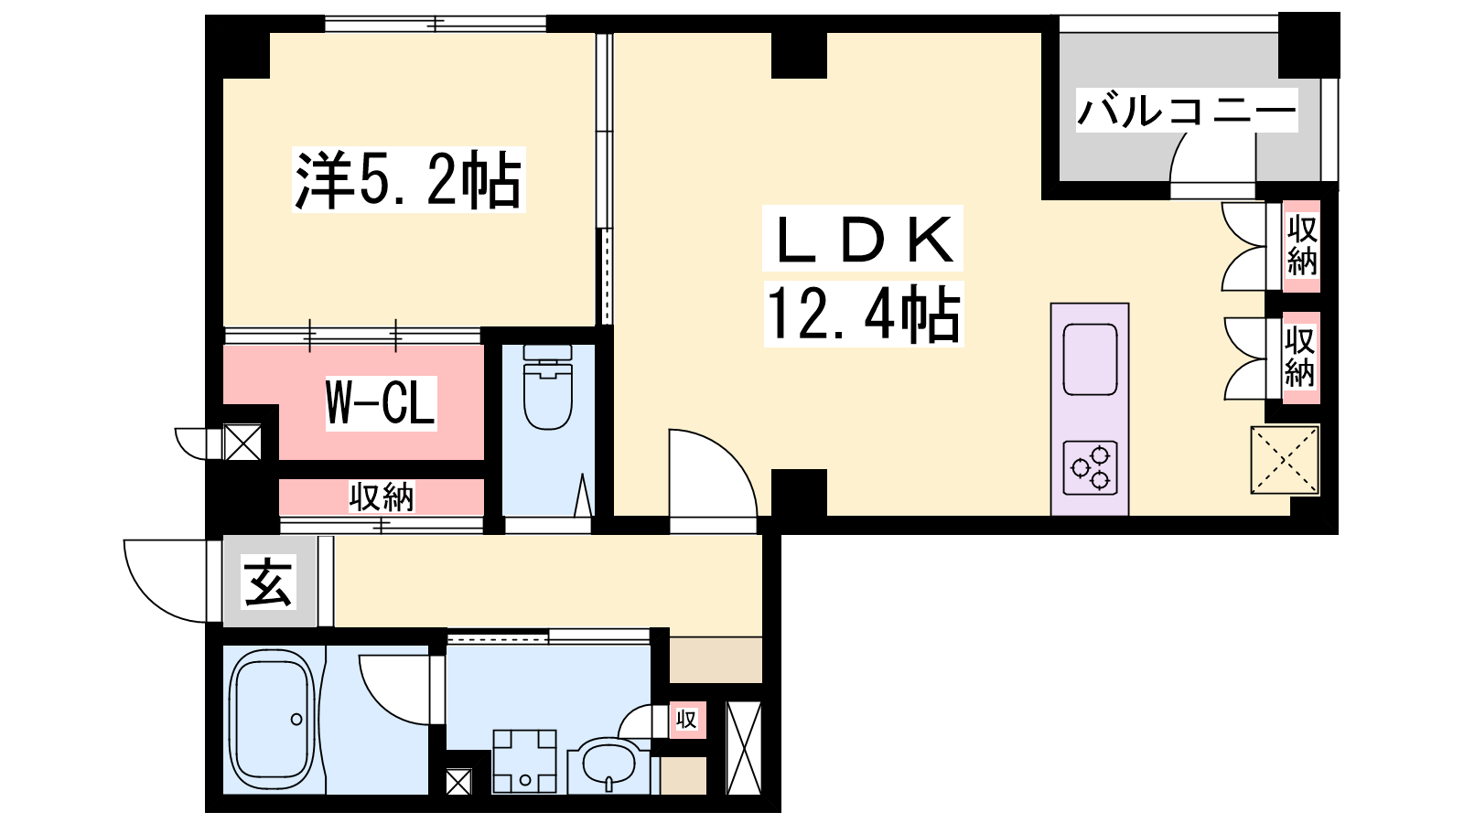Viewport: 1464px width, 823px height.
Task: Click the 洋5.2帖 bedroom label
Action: (x=409, y=179)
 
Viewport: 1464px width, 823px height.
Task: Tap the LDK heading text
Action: (x=863, y=239)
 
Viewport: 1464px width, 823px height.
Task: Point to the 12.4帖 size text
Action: (x=864, y=315)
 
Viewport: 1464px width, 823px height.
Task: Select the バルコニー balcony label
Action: (x=1186, y=111)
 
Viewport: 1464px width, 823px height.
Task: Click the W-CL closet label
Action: (x=381, y=403)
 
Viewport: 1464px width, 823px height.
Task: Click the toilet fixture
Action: (x=548, y=387)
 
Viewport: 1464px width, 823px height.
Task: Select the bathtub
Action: (x=274, y=719)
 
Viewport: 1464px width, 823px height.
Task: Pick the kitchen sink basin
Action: (x=1090, y=359)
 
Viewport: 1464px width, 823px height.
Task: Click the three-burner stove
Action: (x=1090, y=467)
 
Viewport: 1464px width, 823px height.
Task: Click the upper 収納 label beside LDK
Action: (x=1302, y=246)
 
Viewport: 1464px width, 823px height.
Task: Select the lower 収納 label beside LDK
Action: (x=1300, y=358)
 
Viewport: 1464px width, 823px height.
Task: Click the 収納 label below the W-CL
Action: (x=382, y=497)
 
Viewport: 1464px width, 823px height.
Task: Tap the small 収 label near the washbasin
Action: (x=686, y=720)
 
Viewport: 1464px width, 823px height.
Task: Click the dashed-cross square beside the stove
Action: (x=1285, y=460)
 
